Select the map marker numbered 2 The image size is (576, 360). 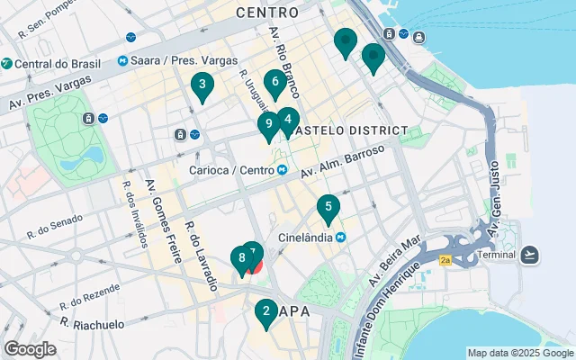point(265,313)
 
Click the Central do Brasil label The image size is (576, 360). point(56,64)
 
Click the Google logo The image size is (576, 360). point(31,349)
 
